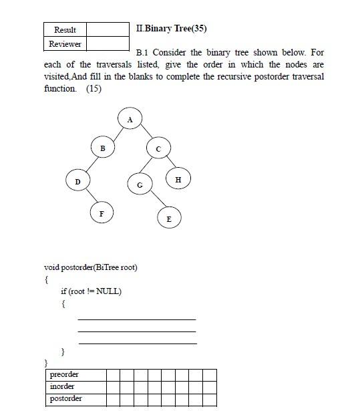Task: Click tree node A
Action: click(x=130, y=119)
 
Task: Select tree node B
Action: click(x=102, y=147)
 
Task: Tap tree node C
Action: click(x=158, y=148)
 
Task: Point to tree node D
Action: click(x=77, y=181)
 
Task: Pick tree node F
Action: click(x=102, y=213)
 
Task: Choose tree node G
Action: click(x=140, y=184)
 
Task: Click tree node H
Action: click(x=178, y=179)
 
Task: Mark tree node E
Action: click(x=169, y=218)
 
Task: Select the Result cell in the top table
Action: click(x=65, y=29)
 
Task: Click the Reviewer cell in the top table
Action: click(x=65, y=44)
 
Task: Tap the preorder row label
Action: click(x=64, y=375)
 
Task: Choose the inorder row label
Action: click(x=62, y=387)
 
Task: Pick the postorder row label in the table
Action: click(x=66, y=399)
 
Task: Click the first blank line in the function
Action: click(x=137, y=318)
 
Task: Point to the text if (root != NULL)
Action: click(x=91, y=291)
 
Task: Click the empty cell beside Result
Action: click(x=108, y=29)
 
